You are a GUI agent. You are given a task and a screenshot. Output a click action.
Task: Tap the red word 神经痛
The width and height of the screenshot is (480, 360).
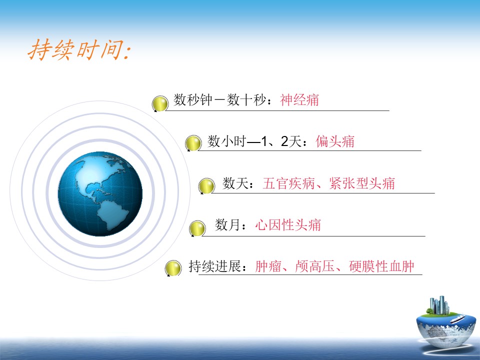(299, 100)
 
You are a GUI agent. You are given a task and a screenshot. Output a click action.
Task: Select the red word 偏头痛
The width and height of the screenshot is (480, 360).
(335, 141)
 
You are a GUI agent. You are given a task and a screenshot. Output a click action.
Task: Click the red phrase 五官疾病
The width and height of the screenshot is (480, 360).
(288, 183)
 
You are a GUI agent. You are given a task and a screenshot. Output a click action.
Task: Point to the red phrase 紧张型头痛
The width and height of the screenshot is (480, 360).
(362, 183)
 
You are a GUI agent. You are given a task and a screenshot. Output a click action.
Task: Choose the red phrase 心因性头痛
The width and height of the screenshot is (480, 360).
(288, 225)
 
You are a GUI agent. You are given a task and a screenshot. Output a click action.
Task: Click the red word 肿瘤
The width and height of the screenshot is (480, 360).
(268, 266)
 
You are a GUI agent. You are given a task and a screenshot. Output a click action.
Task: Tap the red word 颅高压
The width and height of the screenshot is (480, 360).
(314, 266)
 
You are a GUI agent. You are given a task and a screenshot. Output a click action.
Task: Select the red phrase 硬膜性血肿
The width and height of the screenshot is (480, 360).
(381, 266)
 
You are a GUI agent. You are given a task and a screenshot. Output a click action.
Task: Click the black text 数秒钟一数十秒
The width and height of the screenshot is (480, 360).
(219, 100)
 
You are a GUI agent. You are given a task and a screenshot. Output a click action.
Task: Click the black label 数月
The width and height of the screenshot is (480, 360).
(227, 225)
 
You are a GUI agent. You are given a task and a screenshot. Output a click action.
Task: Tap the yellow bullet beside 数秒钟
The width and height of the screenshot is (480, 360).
(160, 103)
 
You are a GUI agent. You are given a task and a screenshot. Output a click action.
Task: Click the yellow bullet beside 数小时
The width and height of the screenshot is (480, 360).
(193, 143)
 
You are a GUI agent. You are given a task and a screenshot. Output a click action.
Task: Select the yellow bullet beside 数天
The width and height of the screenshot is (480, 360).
(206, 186)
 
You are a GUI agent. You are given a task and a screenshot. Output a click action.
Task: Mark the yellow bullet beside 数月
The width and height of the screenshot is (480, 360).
(197, 228)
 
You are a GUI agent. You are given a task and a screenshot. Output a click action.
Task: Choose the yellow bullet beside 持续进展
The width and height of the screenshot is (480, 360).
(173, 268)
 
